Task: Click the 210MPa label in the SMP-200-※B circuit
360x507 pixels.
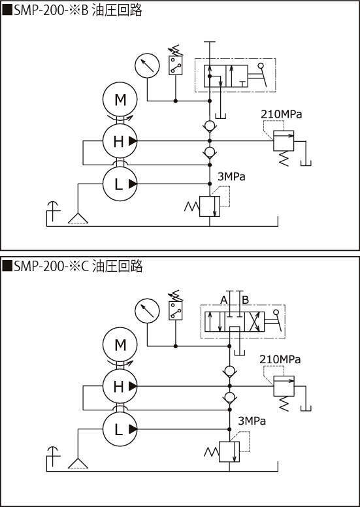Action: pyautogui.click(x=282, y=114)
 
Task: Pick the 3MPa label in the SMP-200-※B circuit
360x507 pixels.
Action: pyautogui.click(x=231, y=176)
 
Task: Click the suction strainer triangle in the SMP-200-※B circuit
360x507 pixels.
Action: pyautogui.click(x=78, y=219)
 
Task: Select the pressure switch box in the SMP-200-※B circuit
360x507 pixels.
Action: pyautogui.click(x=176, y=65)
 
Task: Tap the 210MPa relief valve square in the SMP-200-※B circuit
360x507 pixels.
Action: pyautogui.click(x=284, y=140)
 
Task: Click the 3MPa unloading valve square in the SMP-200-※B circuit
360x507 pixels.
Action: pyautogui.click(x=210, y=206)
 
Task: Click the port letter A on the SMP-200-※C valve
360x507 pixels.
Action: pyautogui.click(x=223, y=300)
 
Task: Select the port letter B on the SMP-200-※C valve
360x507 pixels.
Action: pyautogui.click(x=246, y=300)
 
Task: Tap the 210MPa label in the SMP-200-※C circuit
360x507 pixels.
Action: pyautogui.click(x=280, y=359)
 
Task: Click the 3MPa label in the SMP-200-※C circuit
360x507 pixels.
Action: pyautogui.click(x=252, y=421)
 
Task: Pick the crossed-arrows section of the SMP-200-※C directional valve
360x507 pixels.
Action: pyautogui.click(x=254, y=321)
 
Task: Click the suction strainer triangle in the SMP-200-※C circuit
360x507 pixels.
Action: pyautogui.click(x=78, y=463)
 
